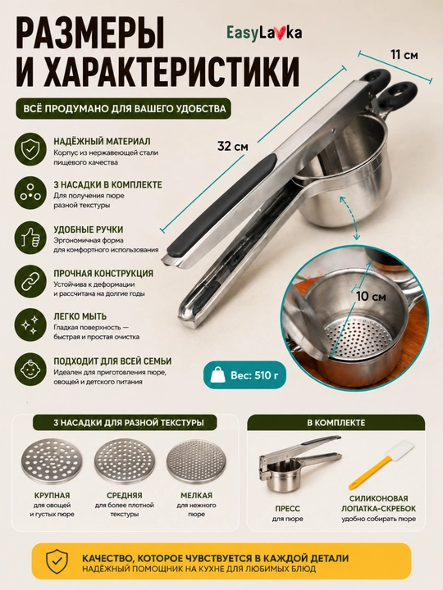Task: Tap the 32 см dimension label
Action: [x=233, y=146]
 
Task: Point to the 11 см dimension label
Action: [x=404, y=55]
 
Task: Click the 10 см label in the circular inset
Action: [x=371, y=297]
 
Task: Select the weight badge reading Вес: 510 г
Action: [x=244, y=375]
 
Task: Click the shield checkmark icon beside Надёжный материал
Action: [x=30, y=149]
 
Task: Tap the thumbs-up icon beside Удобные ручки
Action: [x=30, y=238]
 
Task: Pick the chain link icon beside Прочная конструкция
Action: [x=30, y=281]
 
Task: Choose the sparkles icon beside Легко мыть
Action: [x=30, y=325]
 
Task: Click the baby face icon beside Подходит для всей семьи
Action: [x=30, y=369]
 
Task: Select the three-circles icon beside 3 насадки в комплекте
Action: [x=30, y=193]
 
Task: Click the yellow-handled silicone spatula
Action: [x=381, y=465]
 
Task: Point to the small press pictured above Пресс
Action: [x=298, y=463]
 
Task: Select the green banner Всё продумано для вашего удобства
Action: [x=125, y=109]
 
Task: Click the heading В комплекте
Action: [x=336, y=423]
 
